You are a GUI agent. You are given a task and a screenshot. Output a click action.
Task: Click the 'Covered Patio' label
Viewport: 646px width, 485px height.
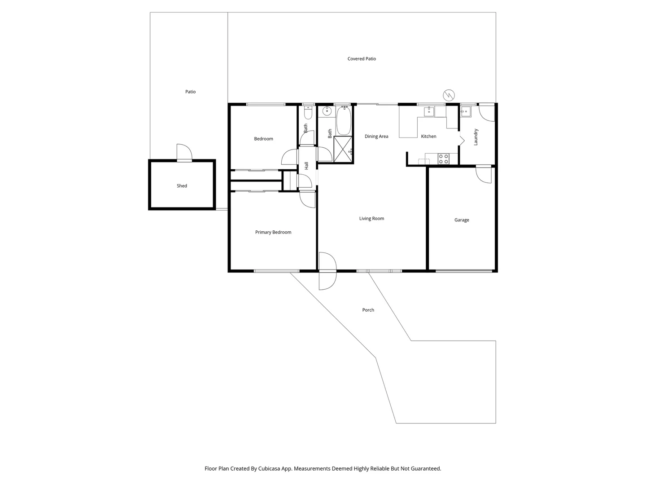point(362,59)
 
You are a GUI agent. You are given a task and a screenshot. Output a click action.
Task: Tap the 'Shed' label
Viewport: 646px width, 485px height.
point(182,186)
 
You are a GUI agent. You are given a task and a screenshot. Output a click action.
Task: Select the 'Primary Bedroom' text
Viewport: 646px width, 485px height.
point(273,232)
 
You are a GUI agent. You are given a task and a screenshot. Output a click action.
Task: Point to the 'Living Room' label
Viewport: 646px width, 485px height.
point(371,219)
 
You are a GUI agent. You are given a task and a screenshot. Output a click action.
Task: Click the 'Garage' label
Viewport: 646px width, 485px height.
point(462,220)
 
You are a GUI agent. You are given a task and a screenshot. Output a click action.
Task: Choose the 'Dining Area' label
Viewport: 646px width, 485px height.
point(376,137)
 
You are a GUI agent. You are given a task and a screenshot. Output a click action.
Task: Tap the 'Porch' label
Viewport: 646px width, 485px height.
point(368,310)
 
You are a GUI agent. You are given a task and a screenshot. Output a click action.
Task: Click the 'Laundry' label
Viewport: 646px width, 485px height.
point(476,137)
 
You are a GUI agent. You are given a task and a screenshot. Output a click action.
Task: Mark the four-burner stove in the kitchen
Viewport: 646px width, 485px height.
point(443,159)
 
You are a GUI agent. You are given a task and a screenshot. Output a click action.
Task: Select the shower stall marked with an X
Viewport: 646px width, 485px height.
point(343,150)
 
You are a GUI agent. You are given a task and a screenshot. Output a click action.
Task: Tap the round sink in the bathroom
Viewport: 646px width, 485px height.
point(327,111)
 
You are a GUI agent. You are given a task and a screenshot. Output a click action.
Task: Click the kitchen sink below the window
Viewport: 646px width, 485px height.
point(429,111)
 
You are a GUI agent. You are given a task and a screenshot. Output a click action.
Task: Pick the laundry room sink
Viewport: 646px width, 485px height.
point(465,111)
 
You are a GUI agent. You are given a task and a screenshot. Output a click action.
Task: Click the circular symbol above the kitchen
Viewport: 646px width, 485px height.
point(449,95)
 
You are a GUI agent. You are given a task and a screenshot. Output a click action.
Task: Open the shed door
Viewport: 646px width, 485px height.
point(184,153)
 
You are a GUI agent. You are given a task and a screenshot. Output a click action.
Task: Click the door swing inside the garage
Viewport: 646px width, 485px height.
point(484,174)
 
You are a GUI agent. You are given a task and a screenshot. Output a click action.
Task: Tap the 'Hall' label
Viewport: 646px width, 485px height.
point(307,165)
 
